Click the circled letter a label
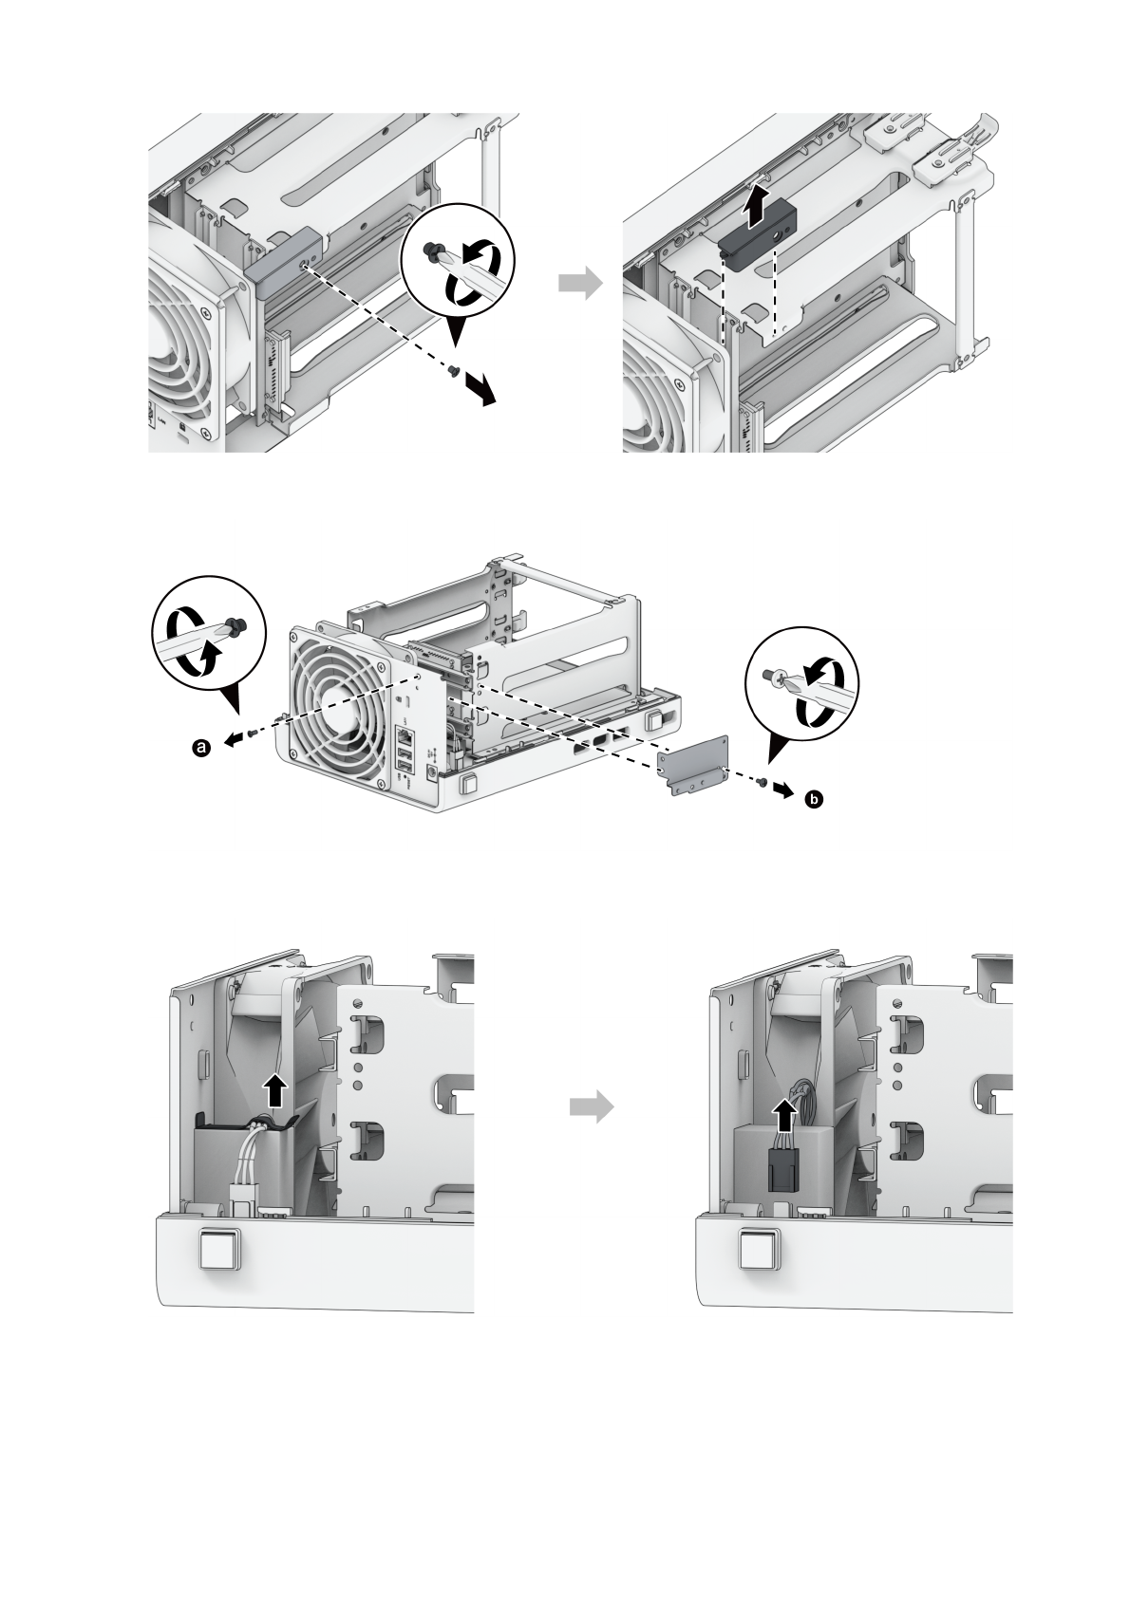point(200,749)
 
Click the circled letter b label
point(813,801)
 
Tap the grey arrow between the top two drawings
point(580,284)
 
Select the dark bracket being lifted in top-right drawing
point(756,241)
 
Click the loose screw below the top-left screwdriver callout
point(455,372)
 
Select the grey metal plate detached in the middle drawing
point(693,766)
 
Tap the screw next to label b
point(763,780)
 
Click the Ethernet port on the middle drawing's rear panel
point(405,733)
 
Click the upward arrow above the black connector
point(784,1115)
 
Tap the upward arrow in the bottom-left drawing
point(274,1090)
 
